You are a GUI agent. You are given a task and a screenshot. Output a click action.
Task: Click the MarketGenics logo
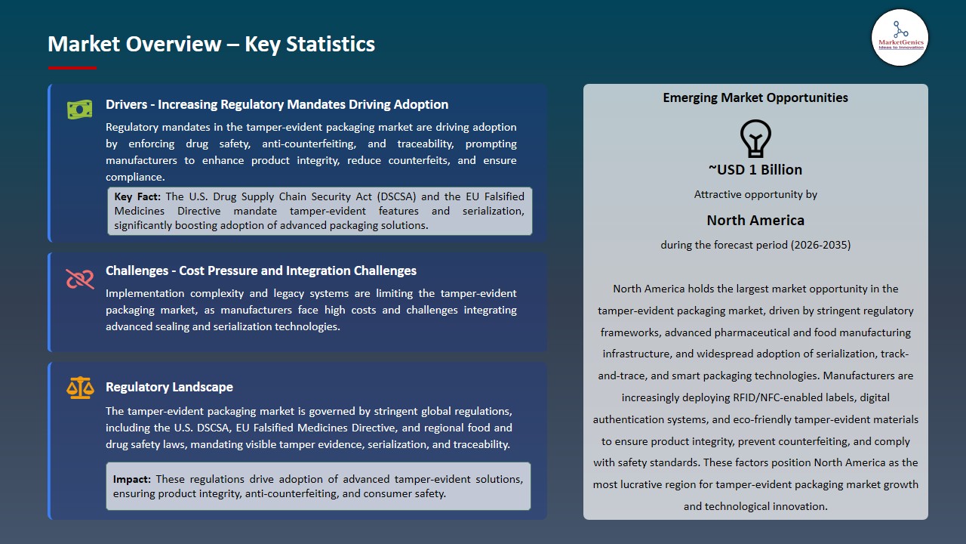point(900,38)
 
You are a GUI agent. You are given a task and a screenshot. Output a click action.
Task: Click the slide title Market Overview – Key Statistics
point(211,44)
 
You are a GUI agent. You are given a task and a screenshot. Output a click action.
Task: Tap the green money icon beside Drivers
point(79,110)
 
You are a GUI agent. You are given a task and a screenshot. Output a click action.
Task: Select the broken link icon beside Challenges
point(79,279)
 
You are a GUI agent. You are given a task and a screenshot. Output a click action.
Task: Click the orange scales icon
point(79,388)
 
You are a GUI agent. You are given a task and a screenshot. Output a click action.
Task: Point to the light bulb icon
point(755,139)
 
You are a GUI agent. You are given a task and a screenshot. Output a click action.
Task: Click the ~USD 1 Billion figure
point(755,169)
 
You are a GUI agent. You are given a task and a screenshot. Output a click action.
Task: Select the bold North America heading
point(755,220)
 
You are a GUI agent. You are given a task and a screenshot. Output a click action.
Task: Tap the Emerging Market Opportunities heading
point(755,97)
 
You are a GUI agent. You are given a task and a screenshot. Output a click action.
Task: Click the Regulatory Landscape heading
point(169,387)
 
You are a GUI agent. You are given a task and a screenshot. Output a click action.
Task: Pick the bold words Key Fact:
point(137,196)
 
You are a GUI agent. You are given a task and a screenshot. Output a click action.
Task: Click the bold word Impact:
point(132,479)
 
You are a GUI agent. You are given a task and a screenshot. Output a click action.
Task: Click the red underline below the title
point(72,68)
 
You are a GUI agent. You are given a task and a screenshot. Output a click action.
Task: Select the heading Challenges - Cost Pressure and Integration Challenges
point(261,270)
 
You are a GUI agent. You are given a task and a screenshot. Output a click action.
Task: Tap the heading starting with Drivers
point(277,104)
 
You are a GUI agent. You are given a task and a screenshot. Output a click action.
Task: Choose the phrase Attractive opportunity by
point(755,194)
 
